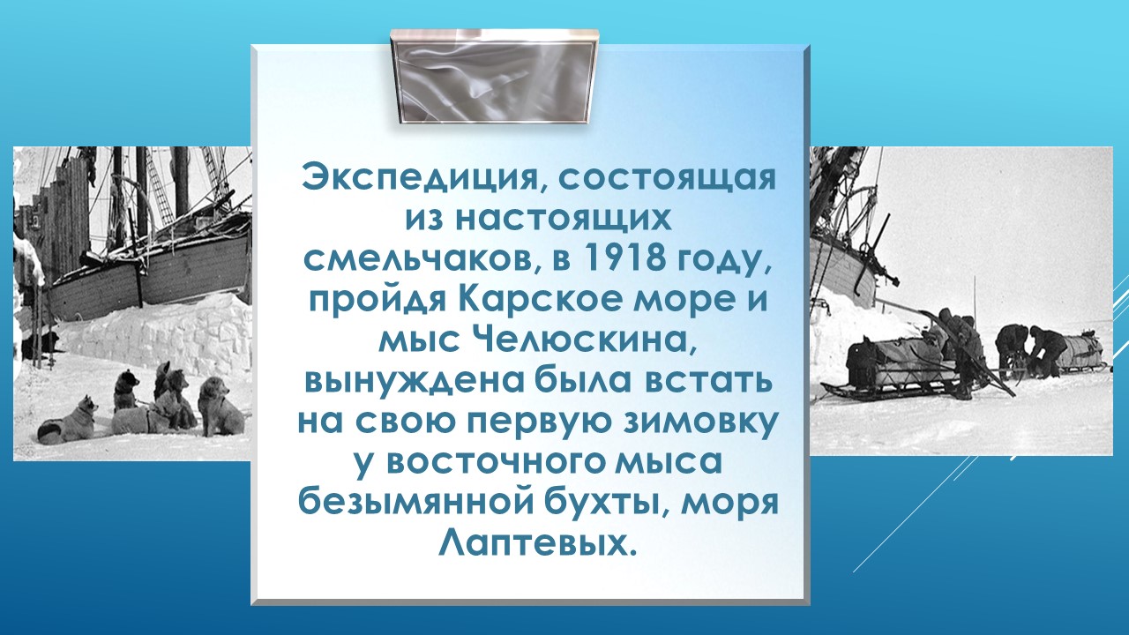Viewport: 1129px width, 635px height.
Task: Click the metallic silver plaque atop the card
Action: [495, 77]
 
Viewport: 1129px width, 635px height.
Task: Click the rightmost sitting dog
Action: [221, 407]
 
